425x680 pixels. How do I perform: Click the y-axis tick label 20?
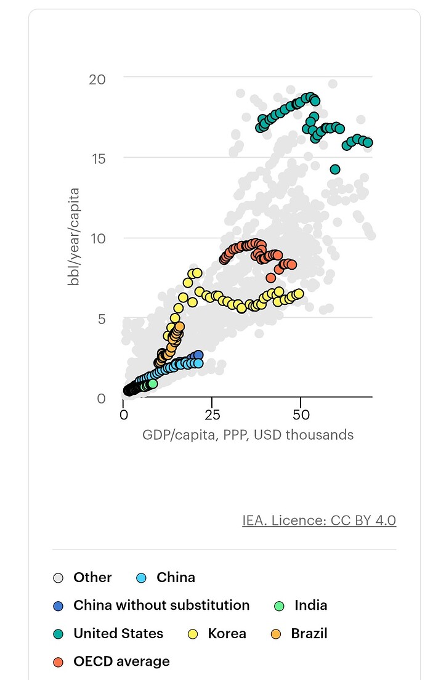[97, 79]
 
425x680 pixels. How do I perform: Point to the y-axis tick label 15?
[97, 158]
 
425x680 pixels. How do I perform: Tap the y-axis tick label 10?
[97, 238]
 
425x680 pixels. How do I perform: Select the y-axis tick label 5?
[101, 318]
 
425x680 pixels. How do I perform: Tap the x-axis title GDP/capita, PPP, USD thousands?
[248, 435]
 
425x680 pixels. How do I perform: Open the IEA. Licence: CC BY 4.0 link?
[319, 520]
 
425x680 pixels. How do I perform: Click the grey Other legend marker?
[59, 578]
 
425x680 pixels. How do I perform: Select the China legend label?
[176, 577]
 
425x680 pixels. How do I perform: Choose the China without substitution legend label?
[161, 605]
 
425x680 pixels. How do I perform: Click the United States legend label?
[118, 633]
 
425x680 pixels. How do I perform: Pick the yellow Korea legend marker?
[193, 634]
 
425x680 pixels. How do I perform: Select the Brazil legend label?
[309, 633]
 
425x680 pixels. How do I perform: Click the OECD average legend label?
[121, 662]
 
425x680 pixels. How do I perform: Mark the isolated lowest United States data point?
[335, 169]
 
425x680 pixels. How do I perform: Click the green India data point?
[152, 383]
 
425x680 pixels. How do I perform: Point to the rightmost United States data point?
[368, 142]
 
